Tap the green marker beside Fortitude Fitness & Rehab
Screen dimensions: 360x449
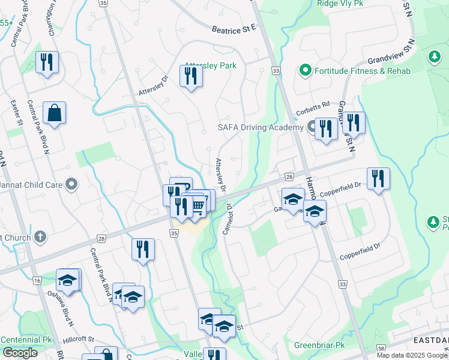(x=305, y=71)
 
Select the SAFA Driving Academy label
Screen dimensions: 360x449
(x=260, y=128)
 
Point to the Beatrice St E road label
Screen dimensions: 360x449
(x=234, y=28)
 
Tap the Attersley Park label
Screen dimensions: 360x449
(x=210, y=65)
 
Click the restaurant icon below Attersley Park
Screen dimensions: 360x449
(x=191, y=76)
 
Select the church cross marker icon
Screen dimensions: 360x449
(x=40, y=238)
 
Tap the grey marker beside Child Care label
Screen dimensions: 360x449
(x=72, y=185)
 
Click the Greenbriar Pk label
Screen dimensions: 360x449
(x=319, y=346)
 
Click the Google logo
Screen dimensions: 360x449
(x=20, y=353)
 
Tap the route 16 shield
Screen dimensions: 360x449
(x=37, y=281)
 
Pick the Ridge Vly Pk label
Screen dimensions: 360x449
(x=340, y=4)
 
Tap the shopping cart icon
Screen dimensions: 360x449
(x=198, y=208)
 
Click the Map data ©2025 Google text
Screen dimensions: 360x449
(x=412, y=355)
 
